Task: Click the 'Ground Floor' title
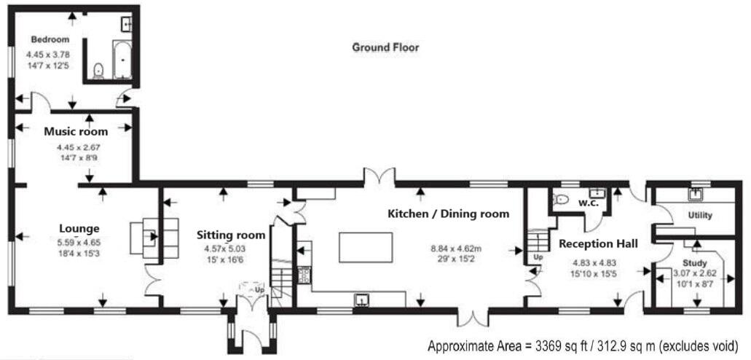pyautogui.click(x=385, y=47)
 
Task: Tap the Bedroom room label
pyautogui.click(x=50, y=39)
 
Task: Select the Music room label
pyautogui.click(x=76, y=131)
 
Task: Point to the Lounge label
pyautogui.click(x=79, y=228)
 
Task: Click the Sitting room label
pyautogui.click(x=231, y=235)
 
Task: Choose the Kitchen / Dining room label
pyautogui.click(x=448, y=214)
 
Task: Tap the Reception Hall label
pyautogui.click(x=598, y=244)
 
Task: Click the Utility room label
pyautogui.click(x=700, y=215)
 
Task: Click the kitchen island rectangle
pyautogui.click(x=366, y=247)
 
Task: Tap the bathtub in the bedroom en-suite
pyautogui.click(x=122, y=60)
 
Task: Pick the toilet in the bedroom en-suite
pyautogui.click(x=98, y=71)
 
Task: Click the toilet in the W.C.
pyautogui.click(x=560, y=200)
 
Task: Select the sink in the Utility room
pyautogui.click(x=695, y=194)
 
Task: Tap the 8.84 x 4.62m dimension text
pyautogui.click(x=455, y=249)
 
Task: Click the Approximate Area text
pyautogui.click(x=582, y=345)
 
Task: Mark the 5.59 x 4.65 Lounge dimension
pyautogui.click(x=79, y=242)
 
